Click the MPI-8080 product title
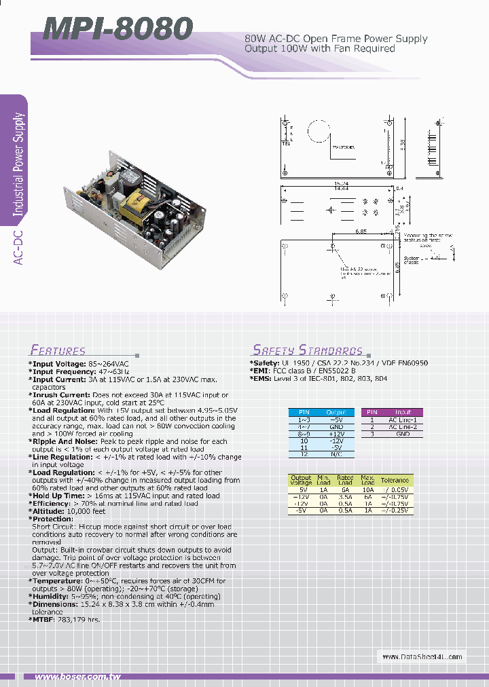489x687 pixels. (117, 29)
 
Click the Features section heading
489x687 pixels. (58, 351)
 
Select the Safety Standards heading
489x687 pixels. (308, 350)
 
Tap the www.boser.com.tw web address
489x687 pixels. (77, 677)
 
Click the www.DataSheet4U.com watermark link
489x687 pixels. (422, 656)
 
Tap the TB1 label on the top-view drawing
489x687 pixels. (286, 143)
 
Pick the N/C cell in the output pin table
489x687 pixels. (336, 454)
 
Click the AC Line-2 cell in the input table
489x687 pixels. (403, 426)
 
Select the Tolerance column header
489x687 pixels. (395, 480)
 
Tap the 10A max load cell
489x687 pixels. (368, 489)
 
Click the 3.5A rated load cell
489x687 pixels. (345, 496)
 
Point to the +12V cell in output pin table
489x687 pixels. (336, 433)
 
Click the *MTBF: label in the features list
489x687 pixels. (44, 620)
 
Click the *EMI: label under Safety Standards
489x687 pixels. (261, 371)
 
